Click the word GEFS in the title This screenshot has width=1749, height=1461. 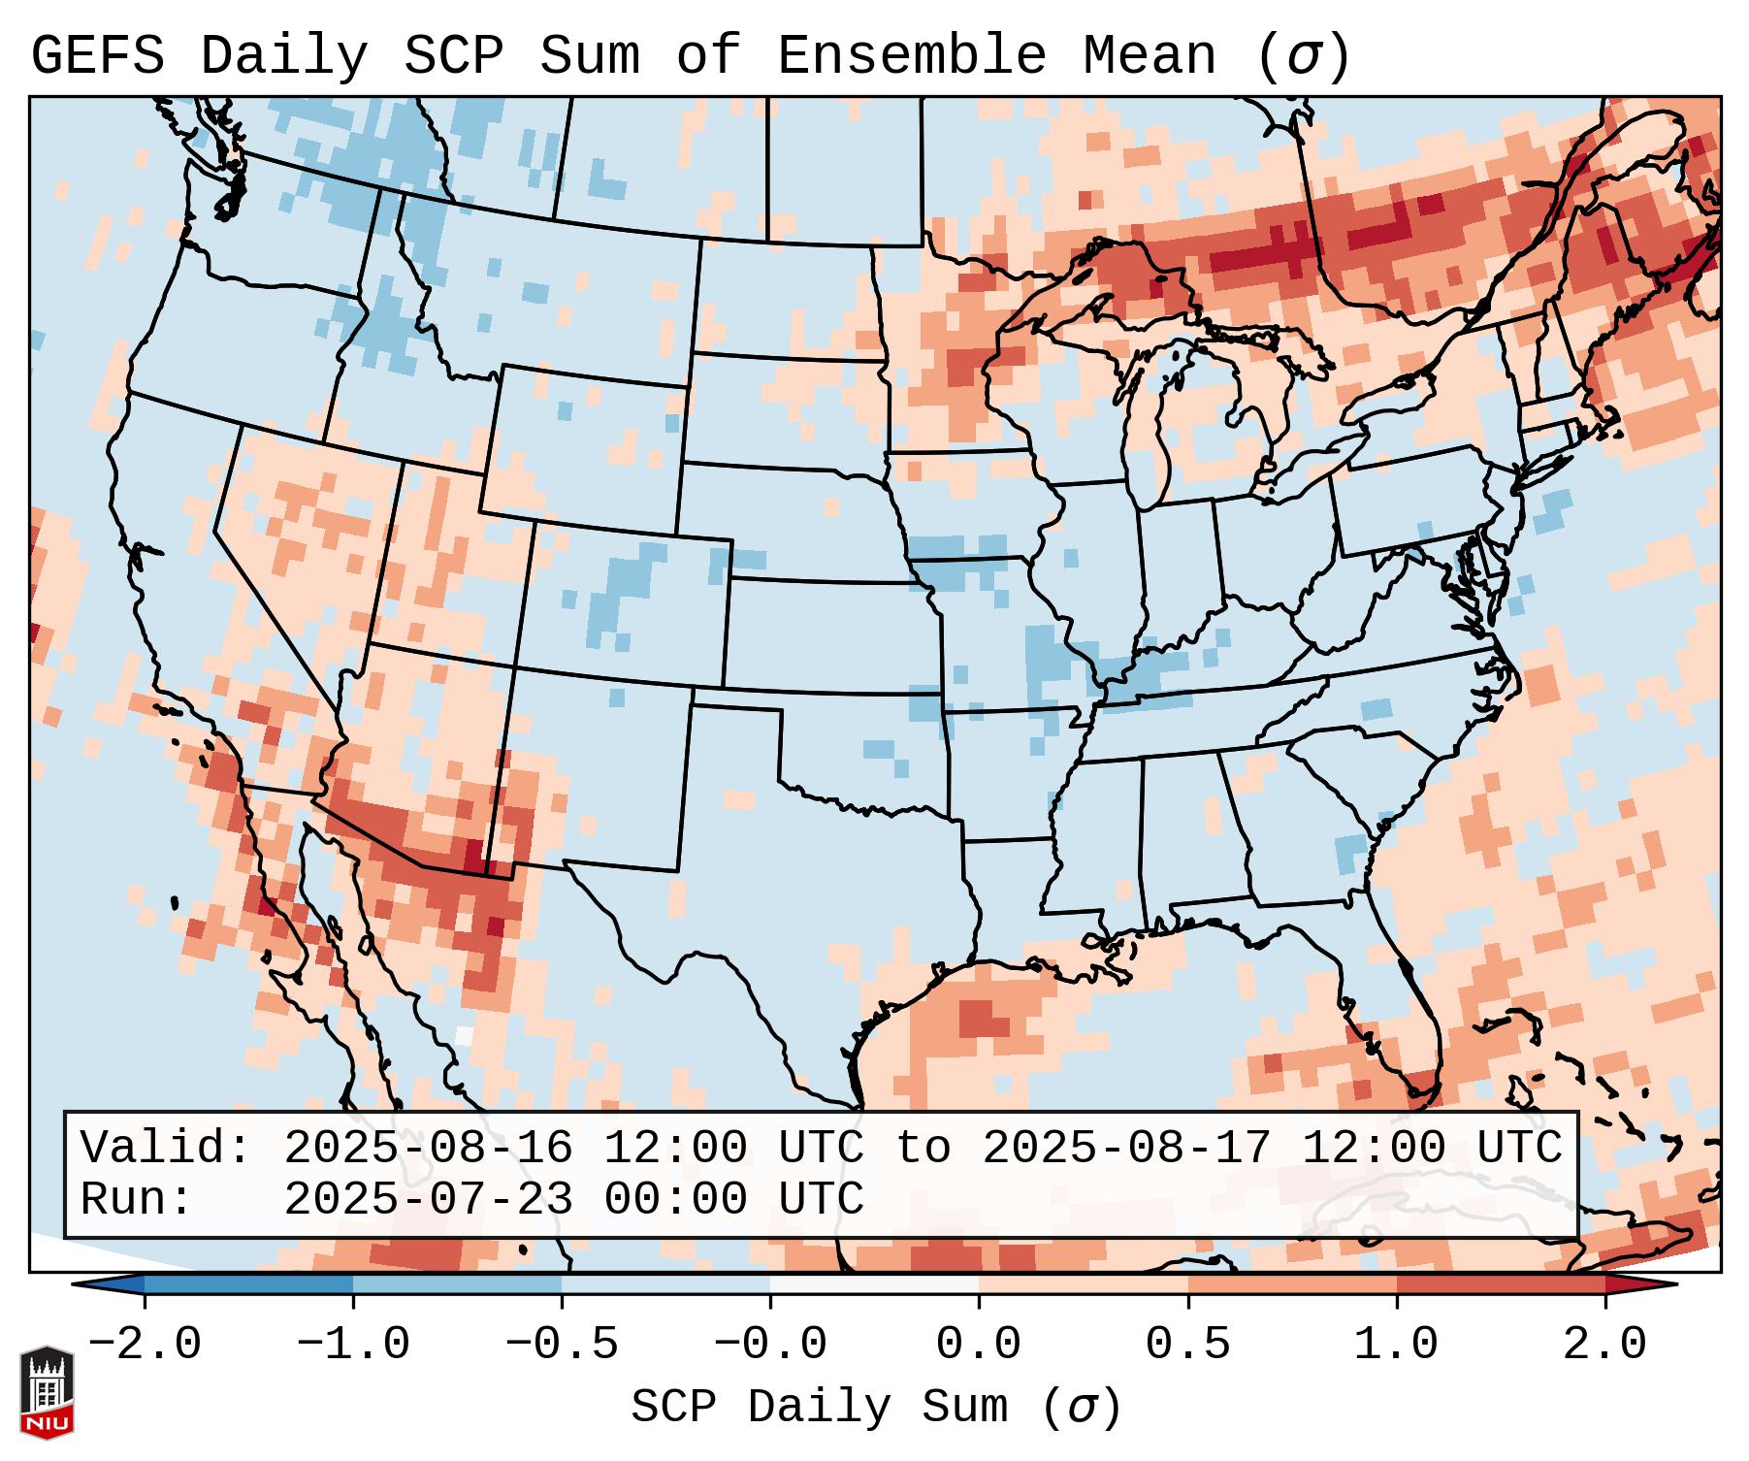pyautogui.click(x=97, y=56)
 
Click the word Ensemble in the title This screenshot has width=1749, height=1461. pyautogui.click(x=911, y=56)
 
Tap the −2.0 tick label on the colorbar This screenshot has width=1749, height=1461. pyautogui.click(x=145, y=1345)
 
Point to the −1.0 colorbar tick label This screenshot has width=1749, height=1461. pyautogui.click(x=353, y=1345)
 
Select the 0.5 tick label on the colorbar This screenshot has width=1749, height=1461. pyautogui.click(x=1188, y=1345)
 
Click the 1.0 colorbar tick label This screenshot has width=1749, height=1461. pyautogui.click(x=1397, y=1345)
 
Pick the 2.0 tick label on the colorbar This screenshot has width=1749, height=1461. pyautogui.click(x=1605, y=1345)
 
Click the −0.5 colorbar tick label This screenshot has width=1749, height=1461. pyautogui.click(x=562, y=1345)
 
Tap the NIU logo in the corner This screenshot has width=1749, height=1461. pyautogui.click(x=47, y=1391)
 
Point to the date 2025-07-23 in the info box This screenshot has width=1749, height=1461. pyautogui.click(x=428, y=1199)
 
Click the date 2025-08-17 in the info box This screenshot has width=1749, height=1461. pyautogui.click(x=1126, y=1148)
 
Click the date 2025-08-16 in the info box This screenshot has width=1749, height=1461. pyautogui.click(x=428, y=1148)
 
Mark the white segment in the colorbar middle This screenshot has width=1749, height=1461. pyautogui.click(x=875, y=1284)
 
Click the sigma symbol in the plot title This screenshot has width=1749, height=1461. pyautogui.click(x=1302, y=56)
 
